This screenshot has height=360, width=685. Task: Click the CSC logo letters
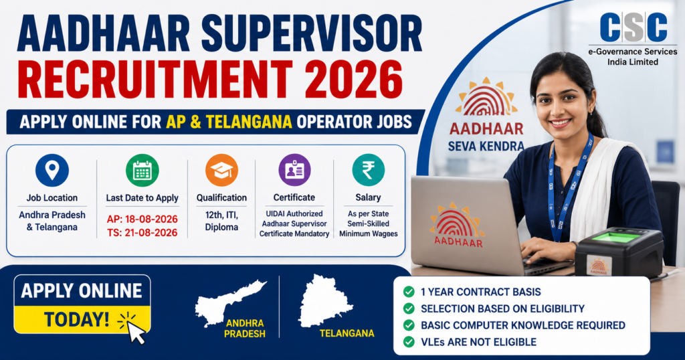[x=633, y=27]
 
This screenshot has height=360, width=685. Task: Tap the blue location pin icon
[x=52, y=170]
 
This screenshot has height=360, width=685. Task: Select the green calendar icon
[x=142, y=170]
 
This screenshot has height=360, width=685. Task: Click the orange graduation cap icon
[x=221, y=170]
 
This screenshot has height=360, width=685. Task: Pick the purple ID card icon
[x=294, y=170]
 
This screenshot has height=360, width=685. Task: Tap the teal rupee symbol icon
[x=369, y=170]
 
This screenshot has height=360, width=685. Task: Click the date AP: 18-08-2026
[x=142, y=219]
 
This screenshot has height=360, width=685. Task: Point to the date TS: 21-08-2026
[x=142, y=232]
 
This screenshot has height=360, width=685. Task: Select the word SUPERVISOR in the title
[x=312, y=33]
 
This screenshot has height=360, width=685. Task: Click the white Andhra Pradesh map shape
[x=229, y=302]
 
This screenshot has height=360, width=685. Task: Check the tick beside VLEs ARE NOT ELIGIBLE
[x=409, y=342]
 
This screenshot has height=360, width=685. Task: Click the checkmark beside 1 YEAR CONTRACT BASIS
[x=409, y=292]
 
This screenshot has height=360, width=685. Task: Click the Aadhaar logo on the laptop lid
[x=458, y=225]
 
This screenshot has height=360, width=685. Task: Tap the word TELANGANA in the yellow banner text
[x=249, y=122]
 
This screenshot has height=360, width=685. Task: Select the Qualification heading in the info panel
[x=221, y=197]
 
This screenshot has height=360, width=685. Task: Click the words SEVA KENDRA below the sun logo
[x=486, y=146]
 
